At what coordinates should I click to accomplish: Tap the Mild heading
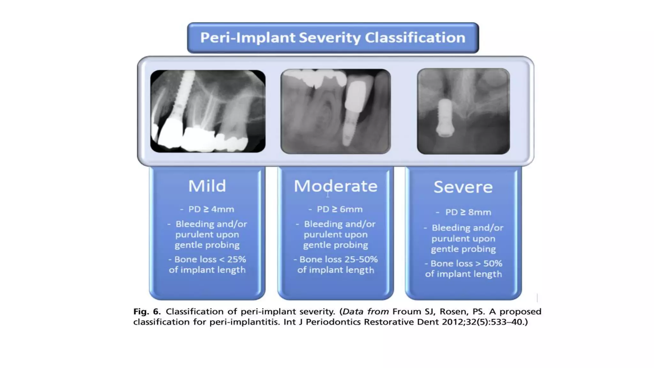(207, 186)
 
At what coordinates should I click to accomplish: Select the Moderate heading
(335, 186)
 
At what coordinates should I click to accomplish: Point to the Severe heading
(463, 187)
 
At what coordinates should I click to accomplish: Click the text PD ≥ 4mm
(211, 209)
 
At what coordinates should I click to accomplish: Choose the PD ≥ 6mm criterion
(339, 209)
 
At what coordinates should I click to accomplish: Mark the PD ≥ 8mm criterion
(468, 212)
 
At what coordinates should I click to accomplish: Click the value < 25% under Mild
(232, 259)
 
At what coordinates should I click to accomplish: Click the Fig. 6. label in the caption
(147, 311)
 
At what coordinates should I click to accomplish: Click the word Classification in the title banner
(415, 38)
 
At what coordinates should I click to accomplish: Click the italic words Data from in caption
(365, 311)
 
